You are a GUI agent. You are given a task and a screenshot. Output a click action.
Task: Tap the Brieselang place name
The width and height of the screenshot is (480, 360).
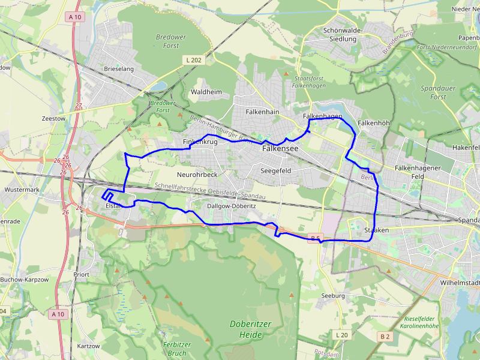pyautogui.click(x=119, y=69)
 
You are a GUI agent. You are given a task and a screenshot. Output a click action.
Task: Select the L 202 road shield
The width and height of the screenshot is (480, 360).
pyautogui.click(x=193, y=60)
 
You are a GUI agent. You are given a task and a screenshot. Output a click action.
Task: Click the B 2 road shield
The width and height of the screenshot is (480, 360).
pyautogui.click(x=385, y=337)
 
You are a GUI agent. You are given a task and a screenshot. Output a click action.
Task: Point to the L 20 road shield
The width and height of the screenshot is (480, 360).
pyautogui.click(x=341, y=334)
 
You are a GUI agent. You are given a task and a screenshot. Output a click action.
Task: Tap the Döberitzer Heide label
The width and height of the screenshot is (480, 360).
pyautogui.click(x=251, y=329)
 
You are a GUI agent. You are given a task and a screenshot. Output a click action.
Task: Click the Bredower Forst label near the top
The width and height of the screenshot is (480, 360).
pyautogui.click(x=171, y=41)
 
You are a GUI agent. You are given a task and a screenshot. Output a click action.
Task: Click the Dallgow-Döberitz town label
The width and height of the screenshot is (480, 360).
pyautogui.click(x=232, y=206)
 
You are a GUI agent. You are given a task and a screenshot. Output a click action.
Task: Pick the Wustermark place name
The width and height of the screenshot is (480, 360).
pyautogui.click(x=21, y=190)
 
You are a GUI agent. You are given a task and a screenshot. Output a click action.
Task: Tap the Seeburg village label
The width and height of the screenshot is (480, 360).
pyautogui.click(x=333, y=296)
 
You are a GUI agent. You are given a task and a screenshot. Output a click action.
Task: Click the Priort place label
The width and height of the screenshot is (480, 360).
pyautogui.click(x=81, y=274)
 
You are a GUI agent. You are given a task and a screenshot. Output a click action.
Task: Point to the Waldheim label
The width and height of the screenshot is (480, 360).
pyautogui.click(x=206, y=92)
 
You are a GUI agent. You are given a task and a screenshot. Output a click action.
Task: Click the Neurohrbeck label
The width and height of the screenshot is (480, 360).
pyautogui.click(x=197, y=175)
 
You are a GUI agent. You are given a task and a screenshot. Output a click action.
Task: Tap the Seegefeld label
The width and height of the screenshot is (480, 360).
pyautogui.click(x=276, y=170)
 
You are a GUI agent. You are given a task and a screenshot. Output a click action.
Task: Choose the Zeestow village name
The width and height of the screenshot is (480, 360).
pyautogui.click(x=53, y=119)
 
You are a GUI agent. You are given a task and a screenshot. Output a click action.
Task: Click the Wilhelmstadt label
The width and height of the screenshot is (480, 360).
pyautogui.click(x=460, y=281)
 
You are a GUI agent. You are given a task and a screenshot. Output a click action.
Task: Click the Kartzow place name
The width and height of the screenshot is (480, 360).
pyautogui.click(x=88, y=347)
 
